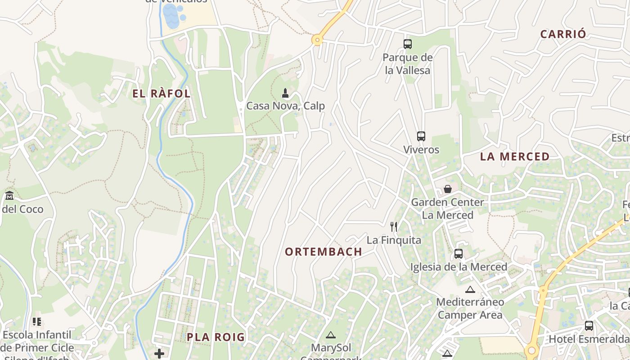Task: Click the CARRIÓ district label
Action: (563, 34)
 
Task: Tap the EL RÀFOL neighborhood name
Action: (162, 94)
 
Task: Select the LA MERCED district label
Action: (515, 157)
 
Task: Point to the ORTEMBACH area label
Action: (324, 252)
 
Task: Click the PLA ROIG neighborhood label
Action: (216, 337)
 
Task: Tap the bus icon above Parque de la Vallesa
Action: (408, 44)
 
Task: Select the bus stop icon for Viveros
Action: (421, 136)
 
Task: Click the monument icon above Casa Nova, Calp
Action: (285, 94)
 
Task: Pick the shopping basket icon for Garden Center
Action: (447, 189)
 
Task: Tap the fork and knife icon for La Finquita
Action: (394, 226)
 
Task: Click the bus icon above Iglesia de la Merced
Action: (459, 254)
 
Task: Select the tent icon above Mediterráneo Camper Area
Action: (470, 289)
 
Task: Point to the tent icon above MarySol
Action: (331, 335)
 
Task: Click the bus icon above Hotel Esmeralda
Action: (589, 326)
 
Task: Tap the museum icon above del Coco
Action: (9, 196)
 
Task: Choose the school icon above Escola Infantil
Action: (37, 322)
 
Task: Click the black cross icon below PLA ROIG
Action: (159, 354)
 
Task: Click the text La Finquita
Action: (394, 240)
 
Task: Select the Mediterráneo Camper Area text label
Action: (470, 308)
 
